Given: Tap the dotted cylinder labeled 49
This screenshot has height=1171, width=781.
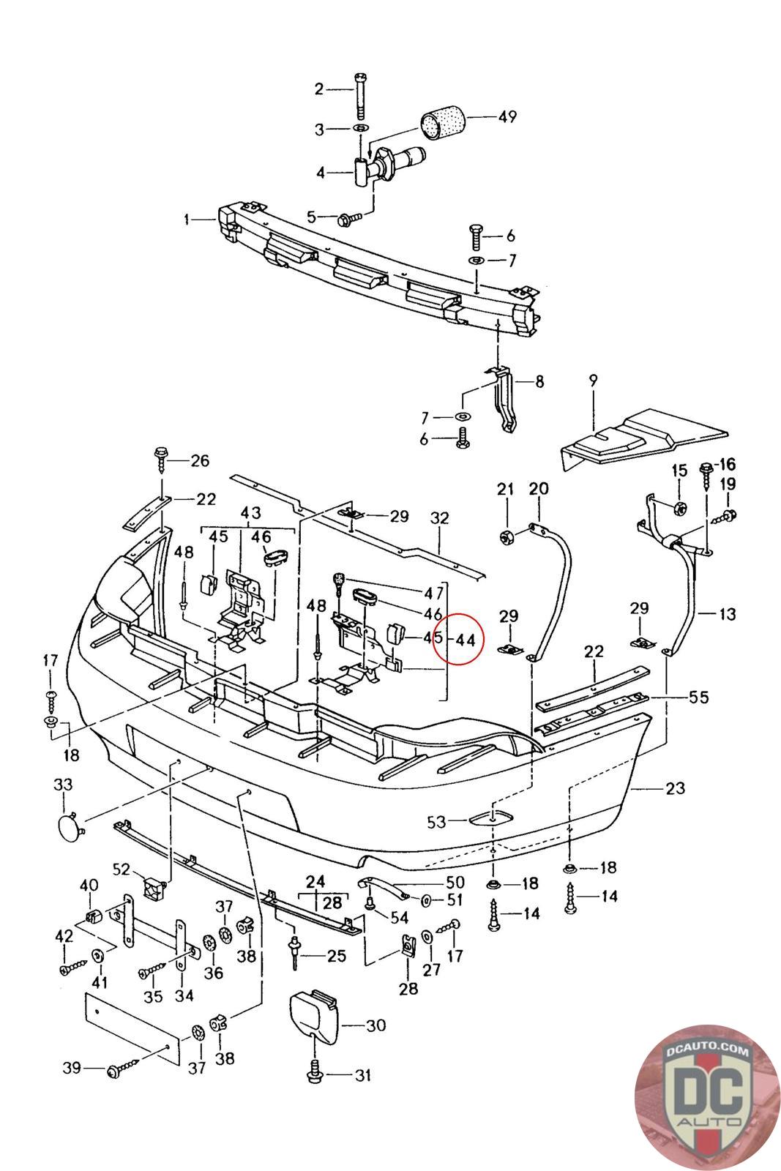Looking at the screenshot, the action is click(443, 124).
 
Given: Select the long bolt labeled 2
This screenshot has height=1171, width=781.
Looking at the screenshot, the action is click(360, 96).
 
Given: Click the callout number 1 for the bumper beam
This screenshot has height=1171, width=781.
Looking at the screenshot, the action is click(187, 219).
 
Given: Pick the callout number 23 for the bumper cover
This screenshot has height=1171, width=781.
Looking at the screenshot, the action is click(675, 787).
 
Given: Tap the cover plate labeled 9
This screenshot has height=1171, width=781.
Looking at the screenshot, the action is click(643, 438).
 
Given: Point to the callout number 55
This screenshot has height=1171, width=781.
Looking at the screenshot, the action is click(698, 697).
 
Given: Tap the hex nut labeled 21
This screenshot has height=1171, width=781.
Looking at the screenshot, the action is click(507, 536).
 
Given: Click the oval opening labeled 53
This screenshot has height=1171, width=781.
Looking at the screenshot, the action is click(491, 818).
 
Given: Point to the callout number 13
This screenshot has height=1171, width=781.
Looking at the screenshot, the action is click(727, 613).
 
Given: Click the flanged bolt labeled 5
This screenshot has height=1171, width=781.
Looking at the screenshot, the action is click(348, 217).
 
